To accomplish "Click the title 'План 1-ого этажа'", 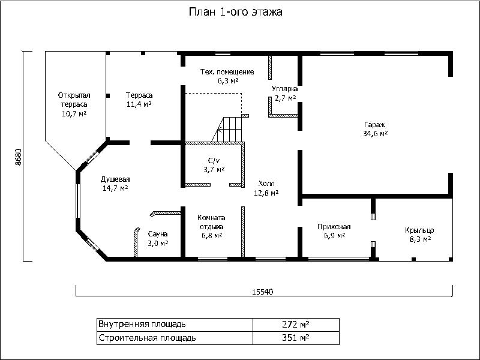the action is pos(235,12).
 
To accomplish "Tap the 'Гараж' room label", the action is pos(374,125).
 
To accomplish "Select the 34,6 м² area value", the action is pos(376,134).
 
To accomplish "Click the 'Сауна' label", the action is pos(158,234).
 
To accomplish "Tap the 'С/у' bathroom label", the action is pos(214,161).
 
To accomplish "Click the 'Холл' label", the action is pos(266,184).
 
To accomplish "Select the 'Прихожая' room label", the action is pos(334,227).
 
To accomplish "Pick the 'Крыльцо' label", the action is pos(419,230).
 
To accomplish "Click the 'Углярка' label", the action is pos(284,89).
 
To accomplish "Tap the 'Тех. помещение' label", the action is pos(227,72).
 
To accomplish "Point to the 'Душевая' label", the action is pos(115,179).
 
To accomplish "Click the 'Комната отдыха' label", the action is pos(212,223).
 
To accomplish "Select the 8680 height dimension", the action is pos(19,157).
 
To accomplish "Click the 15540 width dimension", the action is pos(262,292).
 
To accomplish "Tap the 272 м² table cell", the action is pos(296,325).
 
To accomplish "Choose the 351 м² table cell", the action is pos(296,338).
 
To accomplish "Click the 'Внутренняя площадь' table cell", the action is pos(175,325).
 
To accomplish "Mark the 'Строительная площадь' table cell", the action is pos(175,338).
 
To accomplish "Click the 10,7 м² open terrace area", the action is pos(74,113).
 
